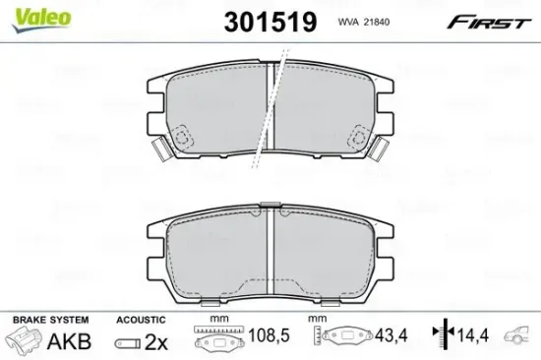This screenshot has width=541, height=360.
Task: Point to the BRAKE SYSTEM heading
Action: pyautogui.click(x=49, y=320)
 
